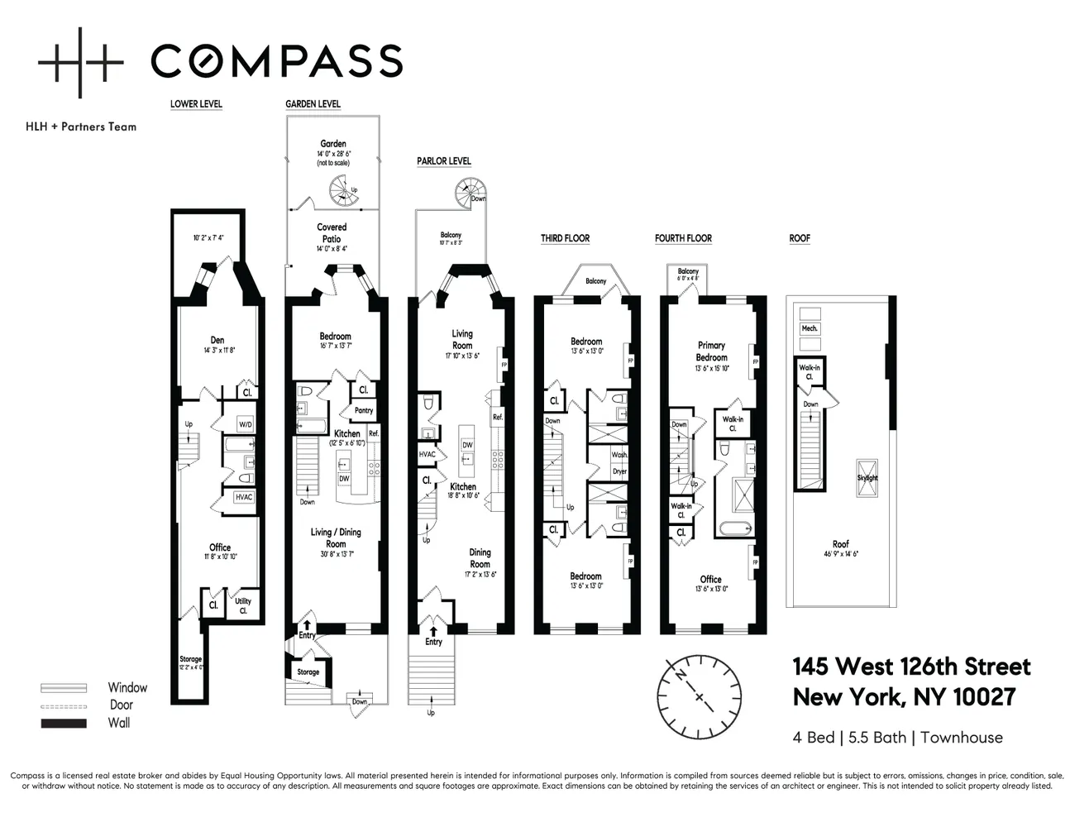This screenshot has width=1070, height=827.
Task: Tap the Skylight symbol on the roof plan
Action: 867,478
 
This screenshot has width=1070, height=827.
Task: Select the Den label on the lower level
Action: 217,340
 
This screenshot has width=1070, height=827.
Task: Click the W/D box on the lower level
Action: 246,424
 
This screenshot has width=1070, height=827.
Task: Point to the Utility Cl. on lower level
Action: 243,605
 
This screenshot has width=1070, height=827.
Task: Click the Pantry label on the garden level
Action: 364,410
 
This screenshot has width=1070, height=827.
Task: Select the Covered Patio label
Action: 332,232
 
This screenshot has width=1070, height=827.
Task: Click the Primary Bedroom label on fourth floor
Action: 711,351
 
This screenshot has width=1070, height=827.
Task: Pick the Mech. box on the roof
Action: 810,328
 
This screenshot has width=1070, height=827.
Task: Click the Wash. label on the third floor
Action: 619,455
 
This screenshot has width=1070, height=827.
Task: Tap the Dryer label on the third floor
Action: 619,471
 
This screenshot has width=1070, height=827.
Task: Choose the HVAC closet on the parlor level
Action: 427,454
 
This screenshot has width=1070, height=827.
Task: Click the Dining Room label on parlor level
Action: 480,557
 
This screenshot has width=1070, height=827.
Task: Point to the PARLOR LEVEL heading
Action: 444,161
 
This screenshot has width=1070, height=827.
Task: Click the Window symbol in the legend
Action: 64,687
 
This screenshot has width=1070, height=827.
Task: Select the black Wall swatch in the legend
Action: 64,724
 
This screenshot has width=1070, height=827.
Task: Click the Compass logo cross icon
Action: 80,62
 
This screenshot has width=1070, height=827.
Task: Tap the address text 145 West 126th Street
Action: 911,667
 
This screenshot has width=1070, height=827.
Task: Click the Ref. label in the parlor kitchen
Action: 498,417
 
